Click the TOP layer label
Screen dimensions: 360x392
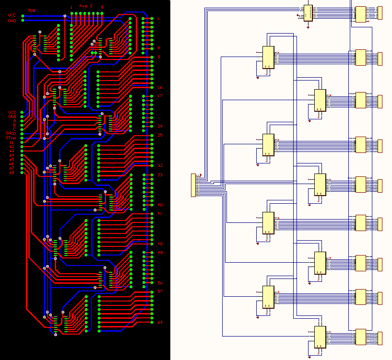(x=32, y=10)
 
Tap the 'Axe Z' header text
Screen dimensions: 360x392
(x=86, y=6)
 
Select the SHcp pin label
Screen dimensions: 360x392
(x=11, y=133)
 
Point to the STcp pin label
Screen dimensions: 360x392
(x=11, y=138)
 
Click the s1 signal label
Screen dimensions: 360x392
(x=12, y=142)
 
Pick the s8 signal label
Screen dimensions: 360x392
(x=12, y=173)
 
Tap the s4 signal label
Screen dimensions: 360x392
(x=12, y=155)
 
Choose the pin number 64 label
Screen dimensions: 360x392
(x=160, y=322)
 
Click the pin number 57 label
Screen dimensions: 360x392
(x=160, y=291)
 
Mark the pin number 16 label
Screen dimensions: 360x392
(x=160, y=88)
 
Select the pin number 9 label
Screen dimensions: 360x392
(x=159, y=57)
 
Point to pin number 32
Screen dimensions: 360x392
(x=160, y=165)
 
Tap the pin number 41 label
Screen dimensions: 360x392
(x=160, y=213)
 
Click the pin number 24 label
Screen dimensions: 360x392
(x=160, y=126)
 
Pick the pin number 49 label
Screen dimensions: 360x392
(x=160, y=253)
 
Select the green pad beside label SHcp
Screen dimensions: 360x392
(x=22, y=133)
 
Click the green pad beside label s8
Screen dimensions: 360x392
(x=22, y=173)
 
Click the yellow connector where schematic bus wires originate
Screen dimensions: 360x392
(x=193, y=185)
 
